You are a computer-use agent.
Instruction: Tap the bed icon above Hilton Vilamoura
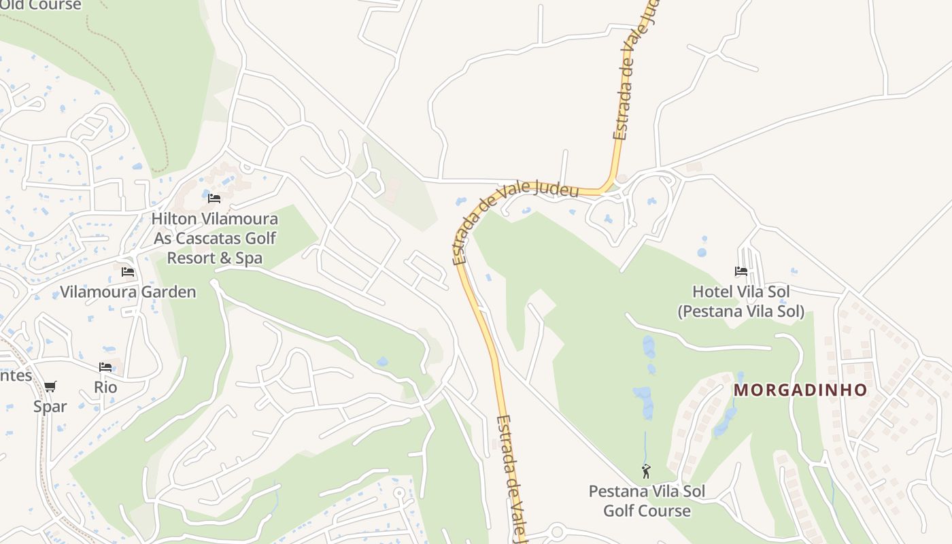214,199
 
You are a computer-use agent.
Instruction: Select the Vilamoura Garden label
128,292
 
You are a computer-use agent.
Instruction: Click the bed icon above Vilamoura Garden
128,272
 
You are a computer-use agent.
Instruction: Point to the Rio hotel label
105,387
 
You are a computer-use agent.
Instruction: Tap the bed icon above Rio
105,367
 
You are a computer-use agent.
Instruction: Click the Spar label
50,406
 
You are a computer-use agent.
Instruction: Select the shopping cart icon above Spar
50,386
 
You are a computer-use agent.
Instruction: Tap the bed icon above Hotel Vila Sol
741,271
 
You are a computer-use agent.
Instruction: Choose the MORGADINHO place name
801,390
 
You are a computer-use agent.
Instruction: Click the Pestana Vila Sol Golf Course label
647,500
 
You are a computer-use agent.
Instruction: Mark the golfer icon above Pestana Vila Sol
646,471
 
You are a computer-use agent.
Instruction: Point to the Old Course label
41,5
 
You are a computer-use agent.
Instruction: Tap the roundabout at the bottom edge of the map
558,532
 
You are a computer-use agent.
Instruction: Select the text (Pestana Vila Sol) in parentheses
741,311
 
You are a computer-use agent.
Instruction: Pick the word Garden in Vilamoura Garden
167,292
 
